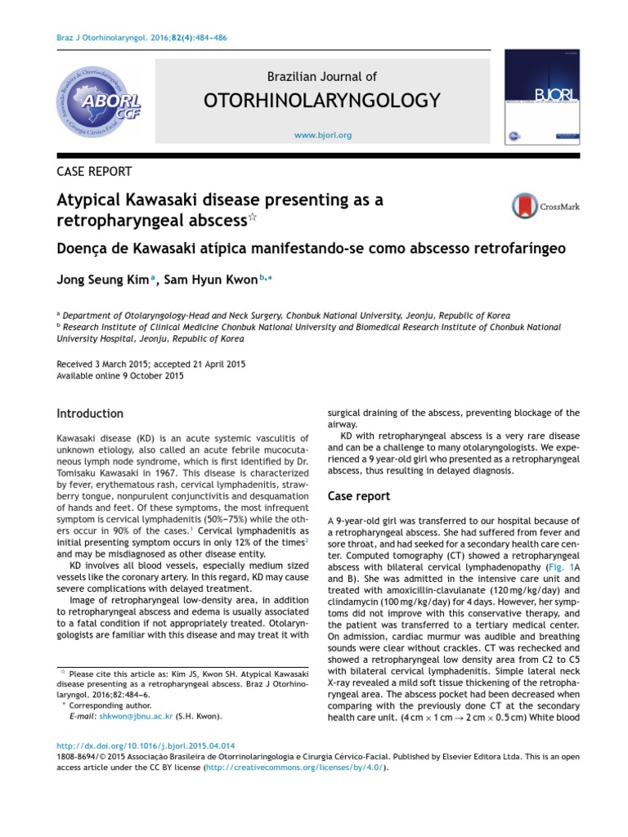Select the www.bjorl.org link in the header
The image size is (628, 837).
point(322,135)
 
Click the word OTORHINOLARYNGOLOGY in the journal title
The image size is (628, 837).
point(322,101)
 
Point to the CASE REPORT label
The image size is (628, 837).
point(94,171)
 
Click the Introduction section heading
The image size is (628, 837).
point(90,414)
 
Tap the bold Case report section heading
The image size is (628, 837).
point(359,496)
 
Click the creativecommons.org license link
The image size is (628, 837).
point(299,768)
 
